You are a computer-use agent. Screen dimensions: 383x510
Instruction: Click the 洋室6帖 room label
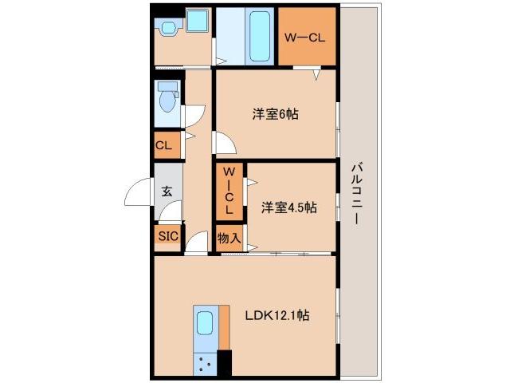tap(276, 114)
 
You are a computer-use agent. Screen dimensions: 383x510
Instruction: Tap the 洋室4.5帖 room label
tap(289, 207)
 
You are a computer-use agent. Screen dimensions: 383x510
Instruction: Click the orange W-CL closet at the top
tap(306, 38)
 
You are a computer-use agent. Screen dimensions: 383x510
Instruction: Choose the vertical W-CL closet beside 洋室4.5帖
tap(229, 191)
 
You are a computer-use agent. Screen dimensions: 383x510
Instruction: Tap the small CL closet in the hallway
tap(163, 145)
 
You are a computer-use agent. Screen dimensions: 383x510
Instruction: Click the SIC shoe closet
tap(167, 236)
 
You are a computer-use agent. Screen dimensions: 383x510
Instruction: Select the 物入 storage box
tap(229, 237)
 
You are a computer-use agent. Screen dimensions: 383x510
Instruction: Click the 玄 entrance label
tap(167, 191)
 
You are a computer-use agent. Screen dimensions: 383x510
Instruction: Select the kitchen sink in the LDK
tap(205, 323)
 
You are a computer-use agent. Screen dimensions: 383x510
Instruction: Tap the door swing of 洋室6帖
tap(224, 144)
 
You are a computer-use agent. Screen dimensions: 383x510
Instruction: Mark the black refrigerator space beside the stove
tap(224, 363)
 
